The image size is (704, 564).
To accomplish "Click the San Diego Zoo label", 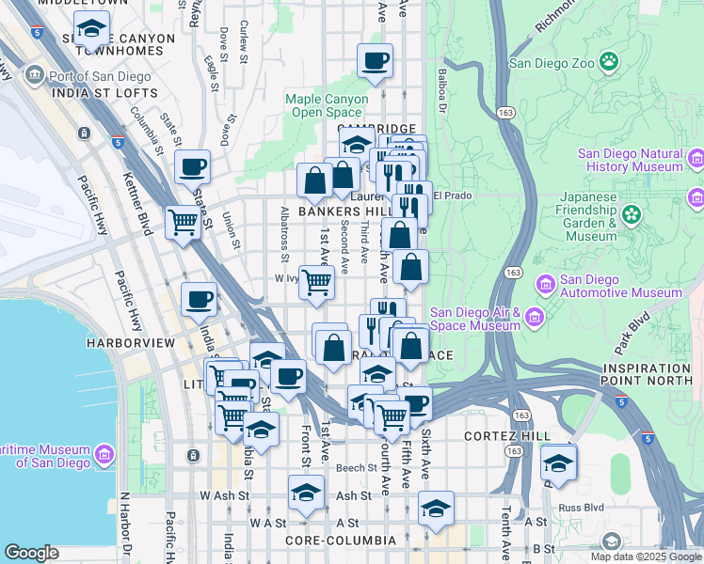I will point(551,63).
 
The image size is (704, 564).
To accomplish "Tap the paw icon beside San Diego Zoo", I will point(610,62).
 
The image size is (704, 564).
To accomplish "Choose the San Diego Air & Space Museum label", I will point(474,320).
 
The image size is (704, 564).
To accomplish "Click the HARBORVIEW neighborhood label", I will point(130,344).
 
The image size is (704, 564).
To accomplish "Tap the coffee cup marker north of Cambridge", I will point(375,62).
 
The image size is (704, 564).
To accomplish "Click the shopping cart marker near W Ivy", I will point(317,281).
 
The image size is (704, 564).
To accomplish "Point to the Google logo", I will point(31,553).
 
